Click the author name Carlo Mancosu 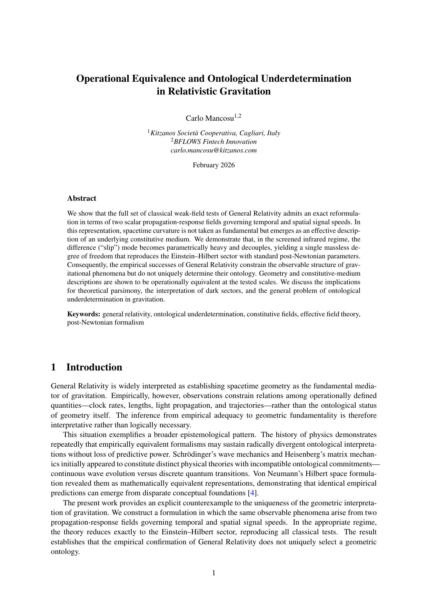tap(210, 118)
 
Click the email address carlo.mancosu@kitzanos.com tap(213, 150)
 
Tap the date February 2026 tap(213, 165)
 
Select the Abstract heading tap(81, 198)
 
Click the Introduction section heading tap(94, 367)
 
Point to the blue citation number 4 tap(253, 493)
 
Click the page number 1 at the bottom tap(213, 573)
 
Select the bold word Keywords tap(83, 314)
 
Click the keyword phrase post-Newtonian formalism tap(105, 323)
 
